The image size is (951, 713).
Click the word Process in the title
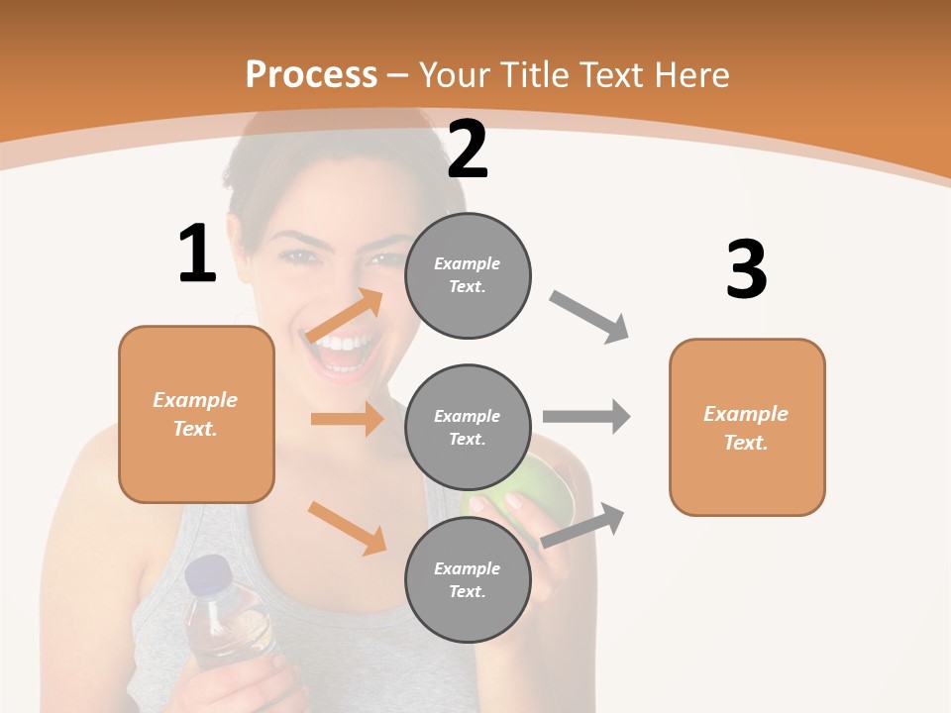tap(311, 74)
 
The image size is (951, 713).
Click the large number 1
tap(197, 254)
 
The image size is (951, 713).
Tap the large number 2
tap(468, 150)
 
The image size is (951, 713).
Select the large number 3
tap(746, 269)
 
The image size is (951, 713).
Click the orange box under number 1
tap(196, 414)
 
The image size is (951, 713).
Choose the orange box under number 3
tap(747, 427)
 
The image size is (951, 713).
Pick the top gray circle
tap(468, 275)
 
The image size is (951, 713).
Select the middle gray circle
tap(468, 427)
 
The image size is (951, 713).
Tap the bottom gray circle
tap(468, 579)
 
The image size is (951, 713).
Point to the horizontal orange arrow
tap(347, 419)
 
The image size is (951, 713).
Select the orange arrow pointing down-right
tap(347, 527)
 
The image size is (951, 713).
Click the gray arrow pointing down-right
tap(589, 317)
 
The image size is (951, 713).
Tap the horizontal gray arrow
tap(586, 417)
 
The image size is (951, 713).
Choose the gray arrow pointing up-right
tap(583, 525)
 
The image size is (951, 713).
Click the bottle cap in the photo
tap(207, 572)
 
